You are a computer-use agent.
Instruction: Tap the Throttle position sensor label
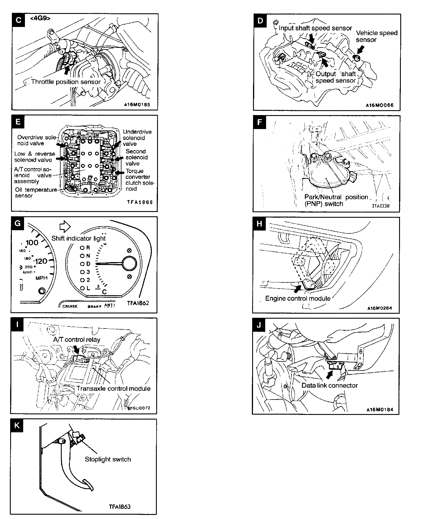click(x=66, y=82)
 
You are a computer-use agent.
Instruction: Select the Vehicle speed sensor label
click(x=376, y=36)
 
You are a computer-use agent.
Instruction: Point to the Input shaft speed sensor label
click(x=315, y=28)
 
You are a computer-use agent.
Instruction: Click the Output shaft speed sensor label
click(x=335, y=77)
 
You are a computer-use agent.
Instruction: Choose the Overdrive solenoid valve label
click(x=36, y=140)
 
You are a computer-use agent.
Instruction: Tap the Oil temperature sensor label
click(x=36, y=193)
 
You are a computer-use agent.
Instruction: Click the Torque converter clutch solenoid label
click(x=140, y=180)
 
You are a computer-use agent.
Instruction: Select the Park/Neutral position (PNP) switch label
click(x=336, y=200)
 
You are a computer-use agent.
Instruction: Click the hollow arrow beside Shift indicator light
click(x=65, y=227)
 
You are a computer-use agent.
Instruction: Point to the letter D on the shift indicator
click(x=88, y=264)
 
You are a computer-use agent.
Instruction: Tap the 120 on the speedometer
click(x=41, y=261)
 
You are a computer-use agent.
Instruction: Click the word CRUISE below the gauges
click(x=70, y=306)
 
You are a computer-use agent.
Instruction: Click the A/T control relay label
click(x=77, y=340)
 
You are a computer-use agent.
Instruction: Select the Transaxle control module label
click(x=113, y=389)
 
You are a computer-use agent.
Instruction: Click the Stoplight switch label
click(x=108, y=459)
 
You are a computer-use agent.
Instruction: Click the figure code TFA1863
click(x=120, y=507)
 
